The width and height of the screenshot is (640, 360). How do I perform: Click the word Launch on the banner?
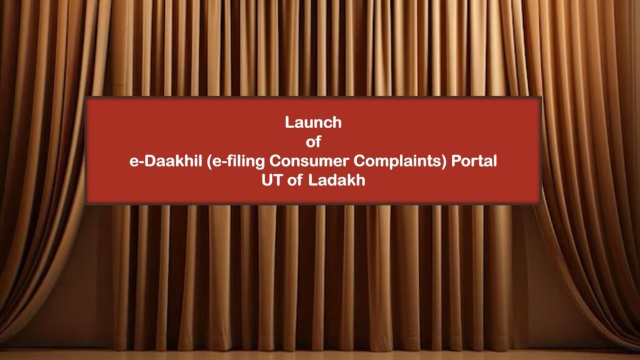[313, 122]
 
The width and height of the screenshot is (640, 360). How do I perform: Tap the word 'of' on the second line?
[313, 142]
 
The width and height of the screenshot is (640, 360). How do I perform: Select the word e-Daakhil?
[166, 161]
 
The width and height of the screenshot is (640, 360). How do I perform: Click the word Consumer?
[309, 161]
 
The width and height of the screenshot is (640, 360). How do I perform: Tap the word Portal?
[474, 161]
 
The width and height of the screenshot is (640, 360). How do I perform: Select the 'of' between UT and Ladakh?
[295, 180]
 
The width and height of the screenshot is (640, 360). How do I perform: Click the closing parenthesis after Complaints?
[445, 162]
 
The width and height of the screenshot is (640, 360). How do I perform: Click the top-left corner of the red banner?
[85, 97]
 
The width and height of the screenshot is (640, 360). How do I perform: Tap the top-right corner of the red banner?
[541, 97]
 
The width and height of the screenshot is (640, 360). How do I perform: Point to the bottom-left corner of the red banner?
[85, 204]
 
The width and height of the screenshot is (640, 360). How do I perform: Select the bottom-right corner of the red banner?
[541, 204]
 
